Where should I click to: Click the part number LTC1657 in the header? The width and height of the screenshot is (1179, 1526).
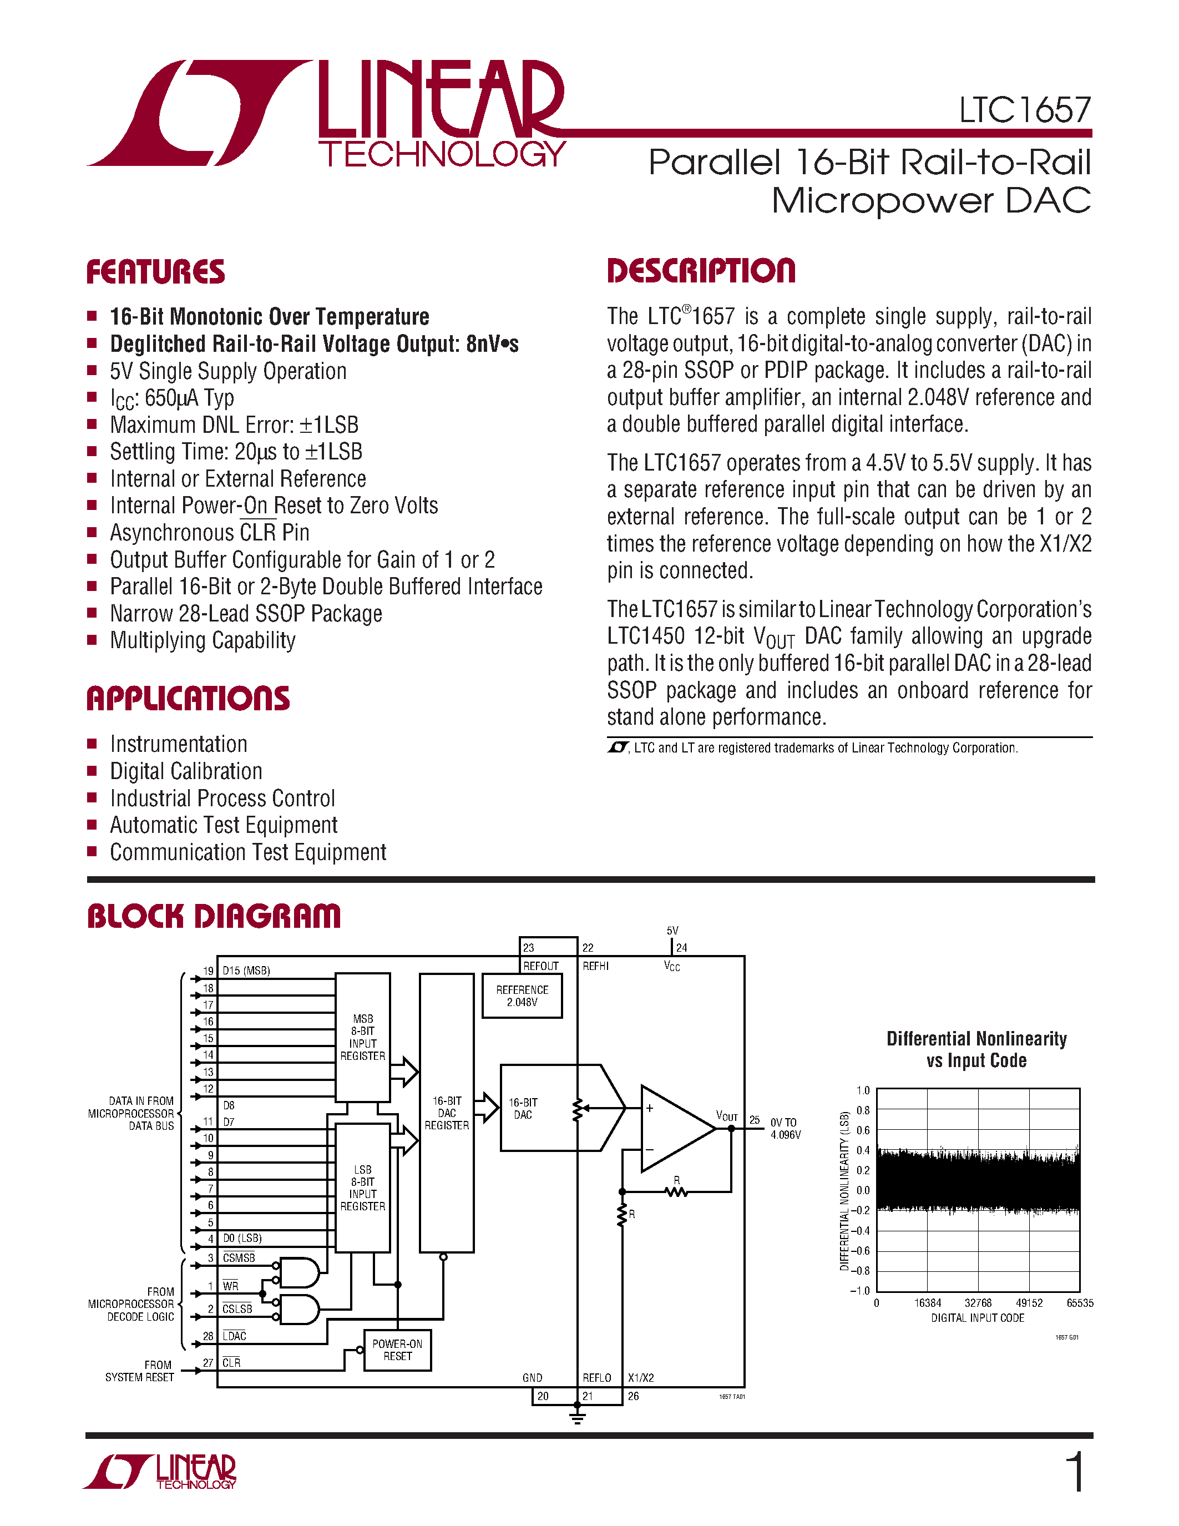point(1024,110)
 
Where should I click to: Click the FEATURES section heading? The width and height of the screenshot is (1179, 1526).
point(155,272)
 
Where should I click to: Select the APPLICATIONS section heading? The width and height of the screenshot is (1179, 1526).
point(188,699)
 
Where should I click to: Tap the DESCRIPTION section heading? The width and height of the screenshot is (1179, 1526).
point(701,271)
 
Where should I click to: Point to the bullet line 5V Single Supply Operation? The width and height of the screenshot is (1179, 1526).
point(227,371)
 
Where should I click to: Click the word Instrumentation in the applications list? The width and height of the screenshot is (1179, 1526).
point(179,744)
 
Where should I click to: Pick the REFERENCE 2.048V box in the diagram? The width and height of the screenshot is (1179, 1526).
point(522,996)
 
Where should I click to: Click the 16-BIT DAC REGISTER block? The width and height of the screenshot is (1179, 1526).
point(446,1113)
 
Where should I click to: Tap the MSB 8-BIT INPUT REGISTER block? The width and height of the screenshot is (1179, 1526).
point(362,1037)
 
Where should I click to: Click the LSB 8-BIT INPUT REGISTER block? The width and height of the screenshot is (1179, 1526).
point(362,1188)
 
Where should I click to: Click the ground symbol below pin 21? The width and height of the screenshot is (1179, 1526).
point(577,1418)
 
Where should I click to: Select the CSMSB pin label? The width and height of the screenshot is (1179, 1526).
point(239,1257)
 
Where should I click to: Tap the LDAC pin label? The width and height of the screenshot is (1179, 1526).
point(235,1336)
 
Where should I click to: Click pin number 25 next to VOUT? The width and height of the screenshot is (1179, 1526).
point(755,1119)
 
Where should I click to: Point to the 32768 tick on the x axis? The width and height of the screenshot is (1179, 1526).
point(978,1302)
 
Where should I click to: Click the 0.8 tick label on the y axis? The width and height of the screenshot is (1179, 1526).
point(863,1110)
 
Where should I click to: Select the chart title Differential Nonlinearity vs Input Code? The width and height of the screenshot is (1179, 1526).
point(976,1049)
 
